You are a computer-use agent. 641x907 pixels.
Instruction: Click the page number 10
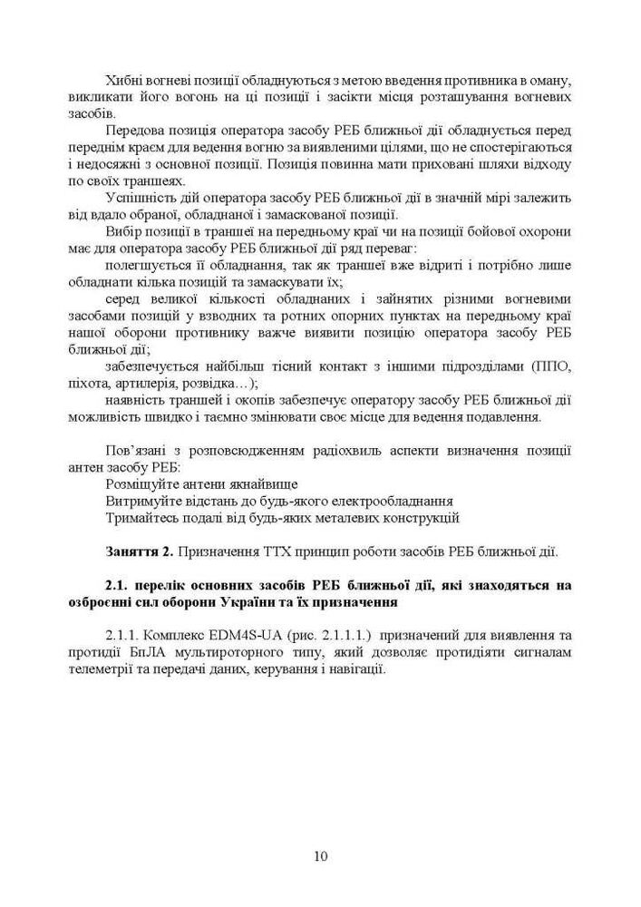click(x=320, y=855)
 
